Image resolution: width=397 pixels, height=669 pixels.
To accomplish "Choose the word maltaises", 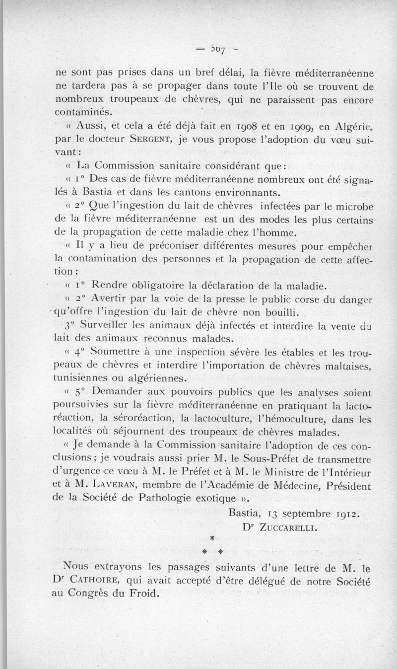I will click(x=346, y=367).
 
